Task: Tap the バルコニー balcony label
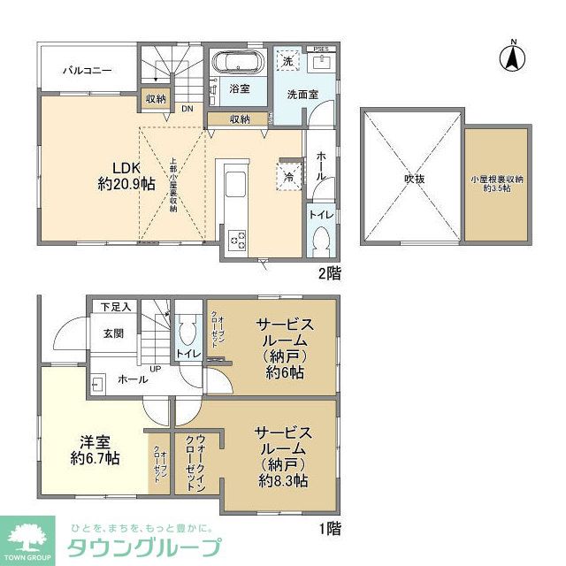click(x=86, y=69)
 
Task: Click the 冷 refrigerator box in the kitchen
click(x=290, y=175)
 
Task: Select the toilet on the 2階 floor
click(x=321, y=241)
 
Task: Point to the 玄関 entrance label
click(x=112, y=333)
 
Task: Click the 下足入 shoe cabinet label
click(x=115, y=307)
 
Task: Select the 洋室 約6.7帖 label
click(x=96, y=449)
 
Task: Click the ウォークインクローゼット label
click(x=195, y=462)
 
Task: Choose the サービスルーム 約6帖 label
click(x=284, y=348)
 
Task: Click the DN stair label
click(x=187, y=109)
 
